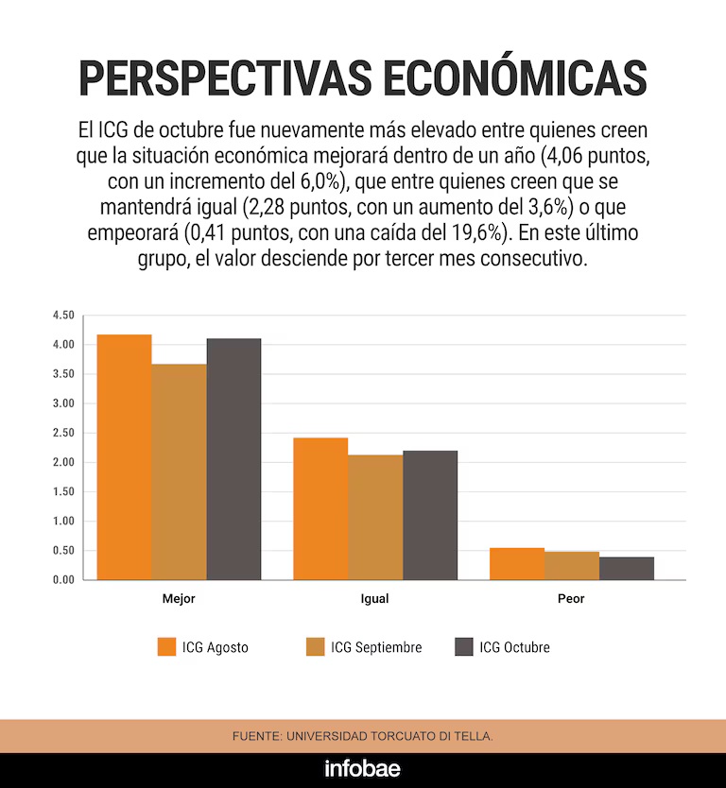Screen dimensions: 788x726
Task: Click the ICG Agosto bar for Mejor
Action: [x=124, y=457]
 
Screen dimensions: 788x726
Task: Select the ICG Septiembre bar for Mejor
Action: [x=179, y=471]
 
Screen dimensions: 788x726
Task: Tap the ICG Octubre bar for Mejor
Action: [x=233, y=459]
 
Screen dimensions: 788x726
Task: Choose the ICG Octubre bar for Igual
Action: [x=430, y=515]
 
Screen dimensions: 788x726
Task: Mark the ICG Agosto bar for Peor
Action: [x=517, y=564]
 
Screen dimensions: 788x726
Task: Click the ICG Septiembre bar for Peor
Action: [x=572, y=566]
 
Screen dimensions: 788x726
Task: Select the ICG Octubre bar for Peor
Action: [x=627, y=569]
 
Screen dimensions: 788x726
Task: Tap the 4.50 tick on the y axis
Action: [x=63, y=316]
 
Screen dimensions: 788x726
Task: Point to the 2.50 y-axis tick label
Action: [x=63, y=433]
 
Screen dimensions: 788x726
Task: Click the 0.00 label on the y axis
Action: [x=63, y=579]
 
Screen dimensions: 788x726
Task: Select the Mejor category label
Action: [x=179, y=599]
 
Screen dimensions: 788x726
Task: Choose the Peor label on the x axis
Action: [x=571, y=599]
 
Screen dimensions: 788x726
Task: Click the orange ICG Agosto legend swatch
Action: [x=166, y=647]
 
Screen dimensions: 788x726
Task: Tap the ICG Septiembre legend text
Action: [x=376, y=647]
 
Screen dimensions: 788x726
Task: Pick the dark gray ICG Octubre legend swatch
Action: [x=463, y=647]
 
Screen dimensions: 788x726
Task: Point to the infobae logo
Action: [x=363, y=769]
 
